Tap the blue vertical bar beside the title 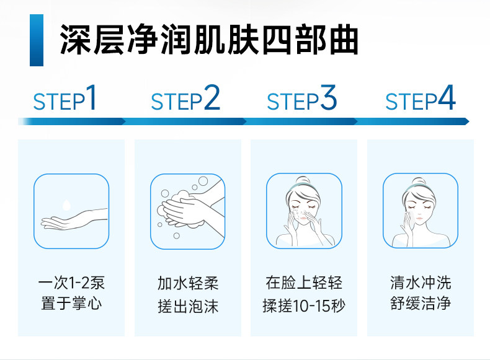pyautogui.click(x=36, y=41)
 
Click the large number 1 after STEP pyautogui.click(x=91, y=99)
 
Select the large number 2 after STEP pyautogui.click(x=212, y=99)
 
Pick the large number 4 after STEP pyautogui.click(x=447, y=99)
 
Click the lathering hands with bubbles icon pyautogui.click(x=187, y=211)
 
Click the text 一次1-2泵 pyautogui.click(x=71, y=284)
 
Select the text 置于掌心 pyautogui.click(x=71, y=304)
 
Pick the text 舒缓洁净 pyautogui.click(x=421, y=304)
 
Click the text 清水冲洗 pyautogui.click(x=421, y=284)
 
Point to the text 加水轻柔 pyautogui.click(x=187, y=284)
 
